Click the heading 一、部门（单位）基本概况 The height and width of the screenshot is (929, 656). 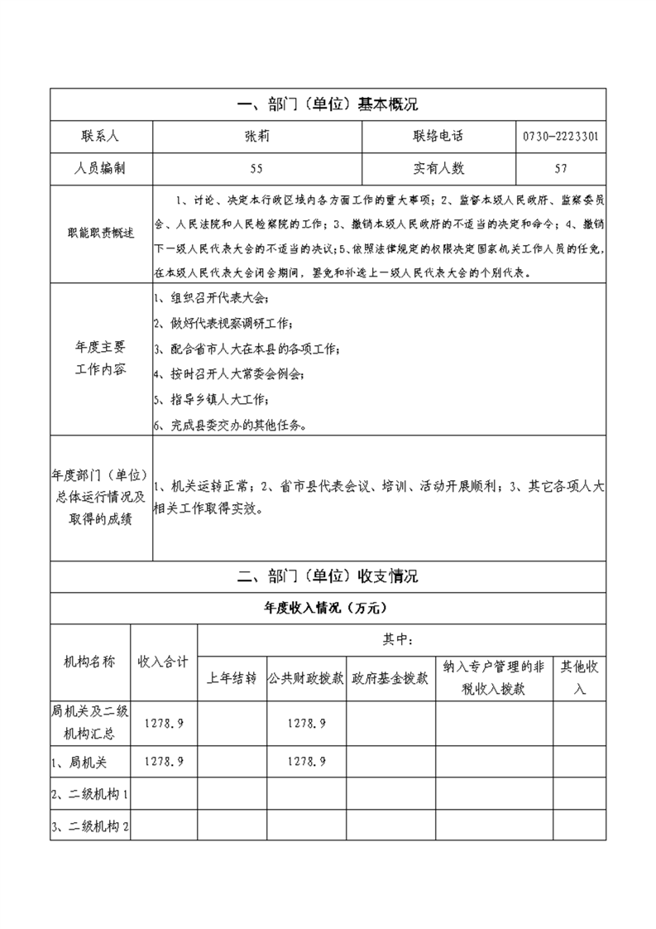328,104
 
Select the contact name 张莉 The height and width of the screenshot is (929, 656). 256,136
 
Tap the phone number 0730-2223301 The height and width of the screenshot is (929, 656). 562,136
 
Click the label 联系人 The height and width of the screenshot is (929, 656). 100,136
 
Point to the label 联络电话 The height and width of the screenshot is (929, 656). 438,136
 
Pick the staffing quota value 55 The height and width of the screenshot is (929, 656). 256,168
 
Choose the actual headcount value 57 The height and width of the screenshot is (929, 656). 561,168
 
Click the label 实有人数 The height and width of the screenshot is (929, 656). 438,168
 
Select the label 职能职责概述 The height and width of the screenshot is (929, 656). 101,234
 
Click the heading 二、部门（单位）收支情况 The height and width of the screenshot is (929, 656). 328,576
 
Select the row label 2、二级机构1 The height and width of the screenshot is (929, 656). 90,794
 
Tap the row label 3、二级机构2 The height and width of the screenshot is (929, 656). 90,826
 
